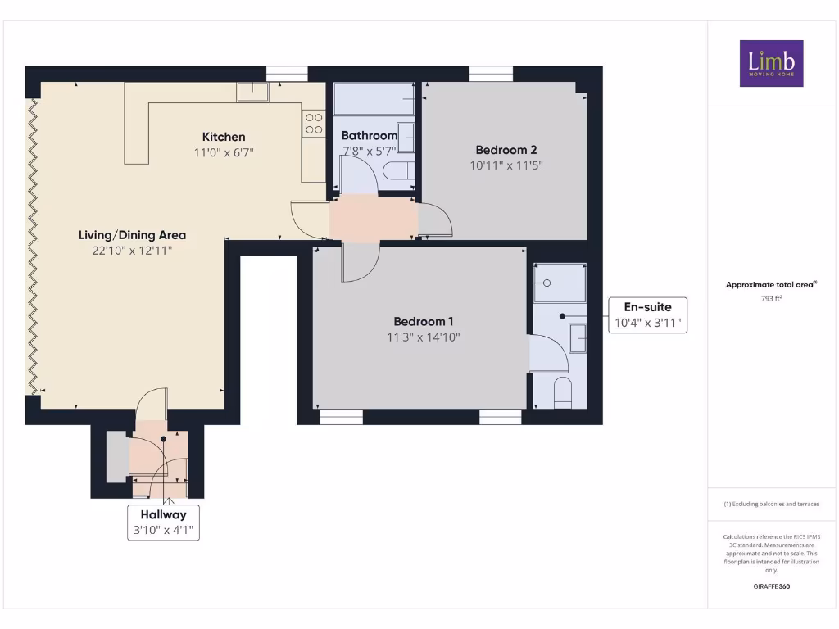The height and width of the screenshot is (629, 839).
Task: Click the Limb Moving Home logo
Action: pos(771,63)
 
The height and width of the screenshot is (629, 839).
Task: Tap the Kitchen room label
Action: pos(224,137)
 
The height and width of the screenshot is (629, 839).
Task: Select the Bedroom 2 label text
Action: pos(506,150)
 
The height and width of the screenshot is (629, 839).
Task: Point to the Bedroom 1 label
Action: pos(423,322)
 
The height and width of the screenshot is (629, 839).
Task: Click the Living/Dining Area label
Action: pos(132,235)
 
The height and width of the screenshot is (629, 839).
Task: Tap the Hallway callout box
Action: pos(162,522)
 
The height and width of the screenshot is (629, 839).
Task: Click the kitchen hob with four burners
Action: pos(314,123)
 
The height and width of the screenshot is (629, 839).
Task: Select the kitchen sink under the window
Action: pos(252,92)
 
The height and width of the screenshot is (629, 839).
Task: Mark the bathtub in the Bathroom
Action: pos(374,99)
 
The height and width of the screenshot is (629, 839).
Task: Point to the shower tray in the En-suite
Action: pos(560,283)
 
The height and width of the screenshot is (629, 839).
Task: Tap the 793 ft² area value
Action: pos(771,299)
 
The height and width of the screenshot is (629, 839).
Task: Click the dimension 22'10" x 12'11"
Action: pos(132,251)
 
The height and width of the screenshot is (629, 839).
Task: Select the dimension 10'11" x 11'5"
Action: pos(506,165)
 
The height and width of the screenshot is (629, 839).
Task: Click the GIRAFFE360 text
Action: pos(771,586)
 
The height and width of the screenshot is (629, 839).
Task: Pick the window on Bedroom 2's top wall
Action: pos(492,74)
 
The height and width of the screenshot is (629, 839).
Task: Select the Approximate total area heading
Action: pos(771,285)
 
